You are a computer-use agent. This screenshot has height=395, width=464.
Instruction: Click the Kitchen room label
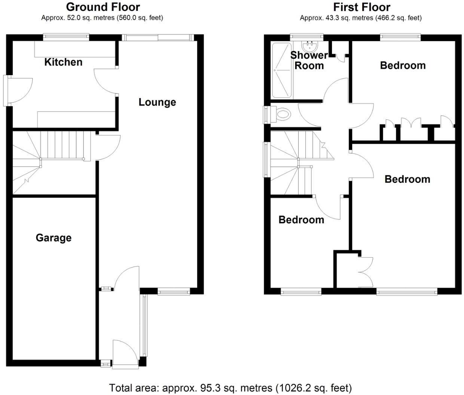[x=63, y=62]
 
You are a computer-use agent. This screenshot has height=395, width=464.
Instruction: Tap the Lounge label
[x=157, y=102]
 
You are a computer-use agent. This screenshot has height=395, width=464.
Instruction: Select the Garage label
[x=54, y=238]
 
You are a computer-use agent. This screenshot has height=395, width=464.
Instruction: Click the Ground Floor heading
[x=103, y=7]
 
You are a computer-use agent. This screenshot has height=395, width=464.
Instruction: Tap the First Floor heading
[x=361, y=7]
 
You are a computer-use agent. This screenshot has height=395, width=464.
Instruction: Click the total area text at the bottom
[x=230, y=388]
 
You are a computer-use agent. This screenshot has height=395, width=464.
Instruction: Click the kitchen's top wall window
[x=66, y=37]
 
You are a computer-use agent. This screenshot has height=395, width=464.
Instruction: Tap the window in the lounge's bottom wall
[x=174, y=292]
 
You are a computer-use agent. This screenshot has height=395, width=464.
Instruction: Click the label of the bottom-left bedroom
[x=301, y=220]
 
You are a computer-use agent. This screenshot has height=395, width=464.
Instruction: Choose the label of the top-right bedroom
[x=403, y=65]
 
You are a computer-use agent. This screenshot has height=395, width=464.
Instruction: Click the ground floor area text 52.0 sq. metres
[x=102, y=18]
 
